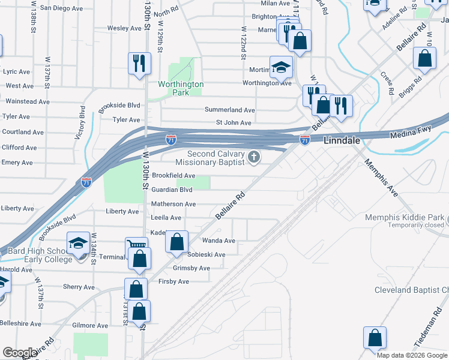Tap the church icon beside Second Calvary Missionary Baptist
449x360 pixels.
pos(255,157)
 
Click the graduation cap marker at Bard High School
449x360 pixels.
pos(78,243)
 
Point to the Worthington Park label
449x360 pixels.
pos(181,89)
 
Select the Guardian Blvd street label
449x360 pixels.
pos(172,190)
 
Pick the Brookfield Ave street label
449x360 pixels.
pos(173,175)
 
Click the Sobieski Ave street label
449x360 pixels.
pos(206,254)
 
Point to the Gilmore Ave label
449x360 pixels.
pos(89,326)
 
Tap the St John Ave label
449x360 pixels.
pos(234,123)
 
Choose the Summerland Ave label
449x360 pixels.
pos(230,110)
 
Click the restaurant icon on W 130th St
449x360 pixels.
pos(139,62)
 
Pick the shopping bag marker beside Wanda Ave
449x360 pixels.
pos(176,242)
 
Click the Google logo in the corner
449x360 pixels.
pos(20,353)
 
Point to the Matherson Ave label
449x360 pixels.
pos(173,204)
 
